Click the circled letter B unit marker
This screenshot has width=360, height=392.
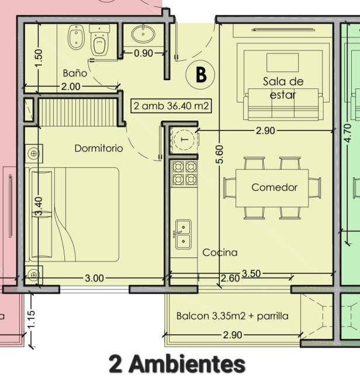pyautogui.click(x=200, y=74)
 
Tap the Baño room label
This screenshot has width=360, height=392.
pyautogui.click(x=75, y=73)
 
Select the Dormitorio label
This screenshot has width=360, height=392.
pyautogui.click(x=99, y=148)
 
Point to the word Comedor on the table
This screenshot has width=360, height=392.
pyautogui.click(x=274, y=187)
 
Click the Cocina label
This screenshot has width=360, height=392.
pyautogui.click(x=220, y=253)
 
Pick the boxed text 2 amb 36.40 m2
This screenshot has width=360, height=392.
pyautogui.click(x=171, y=106)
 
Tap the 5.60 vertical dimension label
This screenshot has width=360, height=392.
pyautogui.click(x=219, y=154)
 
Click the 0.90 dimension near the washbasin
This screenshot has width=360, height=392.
pyautogui.click(x=143, y=53)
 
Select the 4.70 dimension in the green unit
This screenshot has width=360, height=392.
pyautogui.click(x=347, y=133)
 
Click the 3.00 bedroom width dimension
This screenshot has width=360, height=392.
pyautogui.click(x=94, y=278)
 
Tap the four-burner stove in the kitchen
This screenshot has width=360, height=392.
pyautogui.click(x=185, y=173)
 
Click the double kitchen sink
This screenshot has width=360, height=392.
pyautogui.click(x=184, y=235)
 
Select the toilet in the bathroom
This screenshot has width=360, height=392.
pyautogui.click(x=99, y=40)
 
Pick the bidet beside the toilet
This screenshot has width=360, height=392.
pyautogui.click(x=76, y=36)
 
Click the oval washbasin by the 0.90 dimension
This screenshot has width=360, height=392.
pyautogui.click(x=143, y=35)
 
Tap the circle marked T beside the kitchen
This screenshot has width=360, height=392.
pyautogui.click(x=185, y=140)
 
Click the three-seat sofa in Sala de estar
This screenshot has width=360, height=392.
pyautogui.click(x=283, y=104)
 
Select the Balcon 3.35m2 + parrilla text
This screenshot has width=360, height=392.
pyautogui.click(x=233, y=316)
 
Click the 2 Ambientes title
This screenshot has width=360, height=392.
pyautogui.click(x=177, y=364)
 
